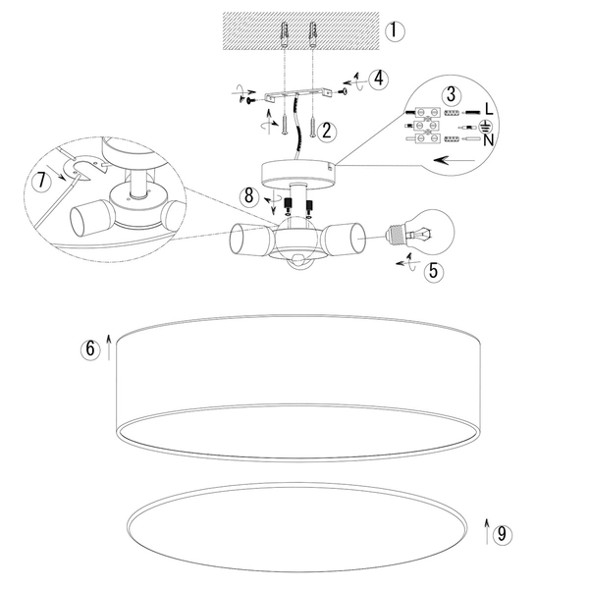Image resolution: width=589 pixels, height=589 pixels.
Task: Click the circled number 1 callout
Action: click(395, 31)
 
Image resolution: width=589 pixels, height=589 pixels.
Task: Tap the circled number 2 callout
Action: click(327, 132)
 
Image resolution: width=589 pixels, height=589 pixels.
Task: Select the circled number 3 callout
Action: click(452, 94)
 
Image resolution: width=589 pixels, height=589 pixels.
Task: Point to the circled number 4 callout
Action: click(378, 80)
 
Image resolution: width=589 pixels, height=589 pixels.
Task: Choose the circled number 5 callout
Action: click(434, 271)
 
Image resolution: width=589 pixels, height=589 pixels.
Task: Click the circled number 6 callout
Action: click(90, 348)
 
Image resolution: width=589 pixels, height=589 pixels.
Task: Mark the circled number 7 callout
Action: click(41, 181)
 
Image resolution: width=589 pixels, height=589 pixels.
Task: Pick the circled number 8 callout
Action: click(249, 196)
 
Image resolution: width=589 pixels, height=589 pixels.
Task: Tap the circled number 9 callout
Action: click(502, 534)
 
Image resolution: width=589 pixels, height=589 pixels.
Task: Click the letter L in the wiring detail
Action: click(489, 109)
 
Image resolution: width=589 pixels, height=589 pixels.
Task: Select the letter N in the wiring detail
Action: click(488, 140)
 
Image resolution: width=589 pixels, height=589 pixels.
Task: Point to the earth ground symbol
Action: click(485, 126)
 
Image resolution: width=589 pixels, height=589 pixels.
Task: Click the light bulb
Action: click(421, 232)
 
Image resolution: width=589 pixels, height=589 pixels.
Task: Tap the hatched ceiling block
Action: click(301, 30)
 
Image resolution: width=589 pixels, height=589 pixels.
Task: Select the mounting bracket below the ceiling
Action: click(298, 94)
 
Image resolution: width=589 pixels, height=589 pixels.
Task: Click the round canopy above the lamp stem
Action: click(298, 175)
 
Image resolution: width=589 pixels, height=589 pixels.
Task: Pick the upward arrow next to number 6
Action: click(109, 348)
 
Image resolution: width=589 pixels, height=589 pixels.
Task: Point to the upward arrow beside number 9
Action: click(487, 531)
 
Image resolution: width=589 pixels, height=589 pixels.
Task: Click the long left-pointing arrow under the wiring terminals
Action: click(455, 160)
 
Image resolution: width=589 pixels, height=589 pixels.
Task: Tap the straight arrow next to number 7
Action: click(59, 173)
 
